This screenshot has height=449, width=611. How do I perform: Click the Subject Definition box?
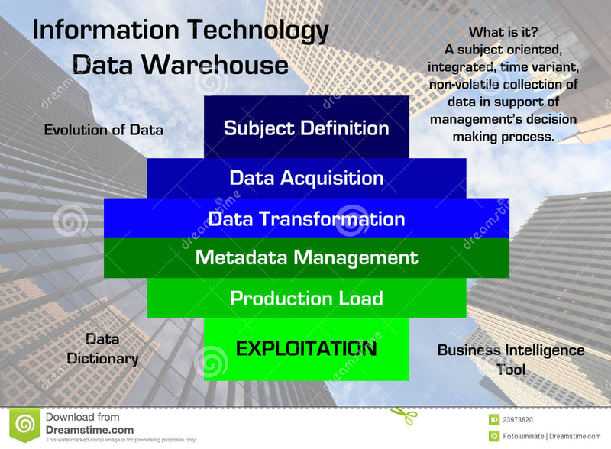[306, 127]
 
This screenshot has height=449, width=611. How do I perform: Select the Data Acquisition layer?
[306, 178]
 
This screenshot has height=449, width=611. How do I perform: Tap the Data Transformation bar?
[306, 218]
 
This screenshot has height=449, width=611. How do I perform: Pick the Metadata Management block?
[306, 257]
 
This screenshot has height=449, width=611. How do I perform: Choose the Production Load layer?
[306, 298]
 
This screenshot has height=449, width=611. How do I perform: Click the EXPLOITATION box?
[306, 349]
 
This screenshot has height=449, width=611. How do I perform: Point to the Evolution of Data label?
[103, 130]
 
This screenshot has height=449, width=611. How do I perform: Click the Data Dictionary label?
[102, 349]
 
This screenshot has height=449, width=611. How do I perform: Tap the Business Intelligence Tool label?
[511, 360]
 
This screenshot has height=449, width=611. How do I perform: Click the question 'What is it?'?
[503, 32]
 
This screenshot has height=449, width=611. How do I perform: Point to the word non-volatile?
[463, 84]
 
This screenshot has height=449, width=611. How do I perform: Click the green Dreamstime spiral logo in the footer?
[25, 425]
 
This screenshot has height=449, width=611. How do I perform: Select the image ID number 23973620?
[518, 420]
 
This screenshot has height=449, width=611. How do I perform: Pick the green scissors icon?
[404, 415]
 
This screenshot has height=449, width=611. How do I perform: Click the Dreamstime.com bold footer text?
[89, 430]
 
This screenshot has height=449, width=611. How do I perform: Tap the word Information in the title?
[105, 30]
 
